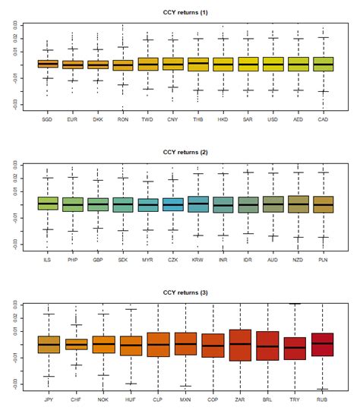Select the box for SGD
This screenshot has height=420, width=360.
click(x=48, y=64)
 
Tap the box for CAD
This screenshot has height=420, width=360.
click(x=323, y=64)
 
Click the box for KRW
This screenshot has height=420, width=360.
click(x=198, y=204)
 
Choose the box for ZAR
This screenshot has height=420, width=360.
click(x=240, y=345)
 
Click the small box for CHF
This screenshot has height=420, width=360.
click(x=76, y=344)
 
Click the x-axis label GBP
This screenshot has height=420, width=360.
click(x=98, y=260)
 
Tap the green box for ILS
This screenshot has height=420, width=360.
click(x=48, y=203)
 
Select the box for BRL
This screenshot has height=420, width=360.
click(x=267, y=346)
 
